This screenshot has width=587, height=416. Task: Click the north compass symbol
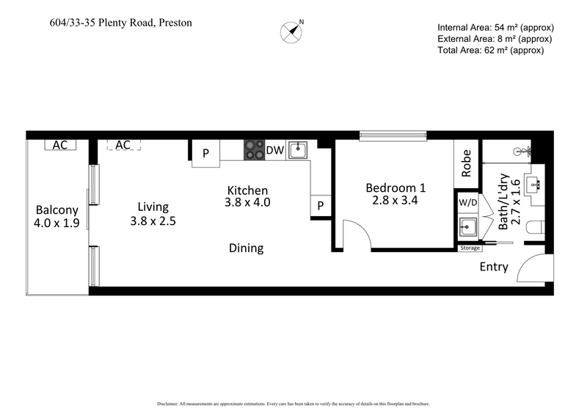[x=292, y=31]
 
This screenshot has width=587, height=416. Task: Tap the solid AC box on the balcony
[x=60, y=145]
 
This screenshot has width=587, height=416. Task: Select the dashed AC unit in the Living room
[x=123, y=145]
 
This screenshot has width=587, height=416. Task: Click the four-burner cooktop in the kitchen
[x=254, y=150]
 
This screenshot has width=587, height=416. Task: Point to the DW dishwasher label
[x=274, y=151]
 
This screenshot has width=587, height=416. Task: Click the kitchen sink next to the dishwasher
[x=298, y=151]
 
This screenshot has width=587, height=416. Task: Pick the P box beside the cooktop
[x=206, y=154]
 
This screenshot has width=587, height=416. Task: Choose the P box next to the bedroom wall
[x=321, y=207]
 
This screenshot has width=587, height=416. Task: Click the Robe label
[x=467, y=163]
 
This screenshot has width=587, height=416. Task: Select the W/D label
[x=467, y=201]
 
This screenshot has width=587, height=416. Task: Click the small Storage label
[x=470, y=248]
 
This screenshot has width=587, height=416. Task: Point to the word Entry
[x=493, y=267]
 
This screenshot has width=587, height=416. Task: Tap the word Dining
[x=246, y=248]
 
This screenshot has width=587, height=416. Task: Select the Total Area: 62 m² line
[x=490, y=50]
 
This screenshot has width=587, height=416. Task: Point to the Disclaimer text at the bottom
[x=293, y=404]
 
